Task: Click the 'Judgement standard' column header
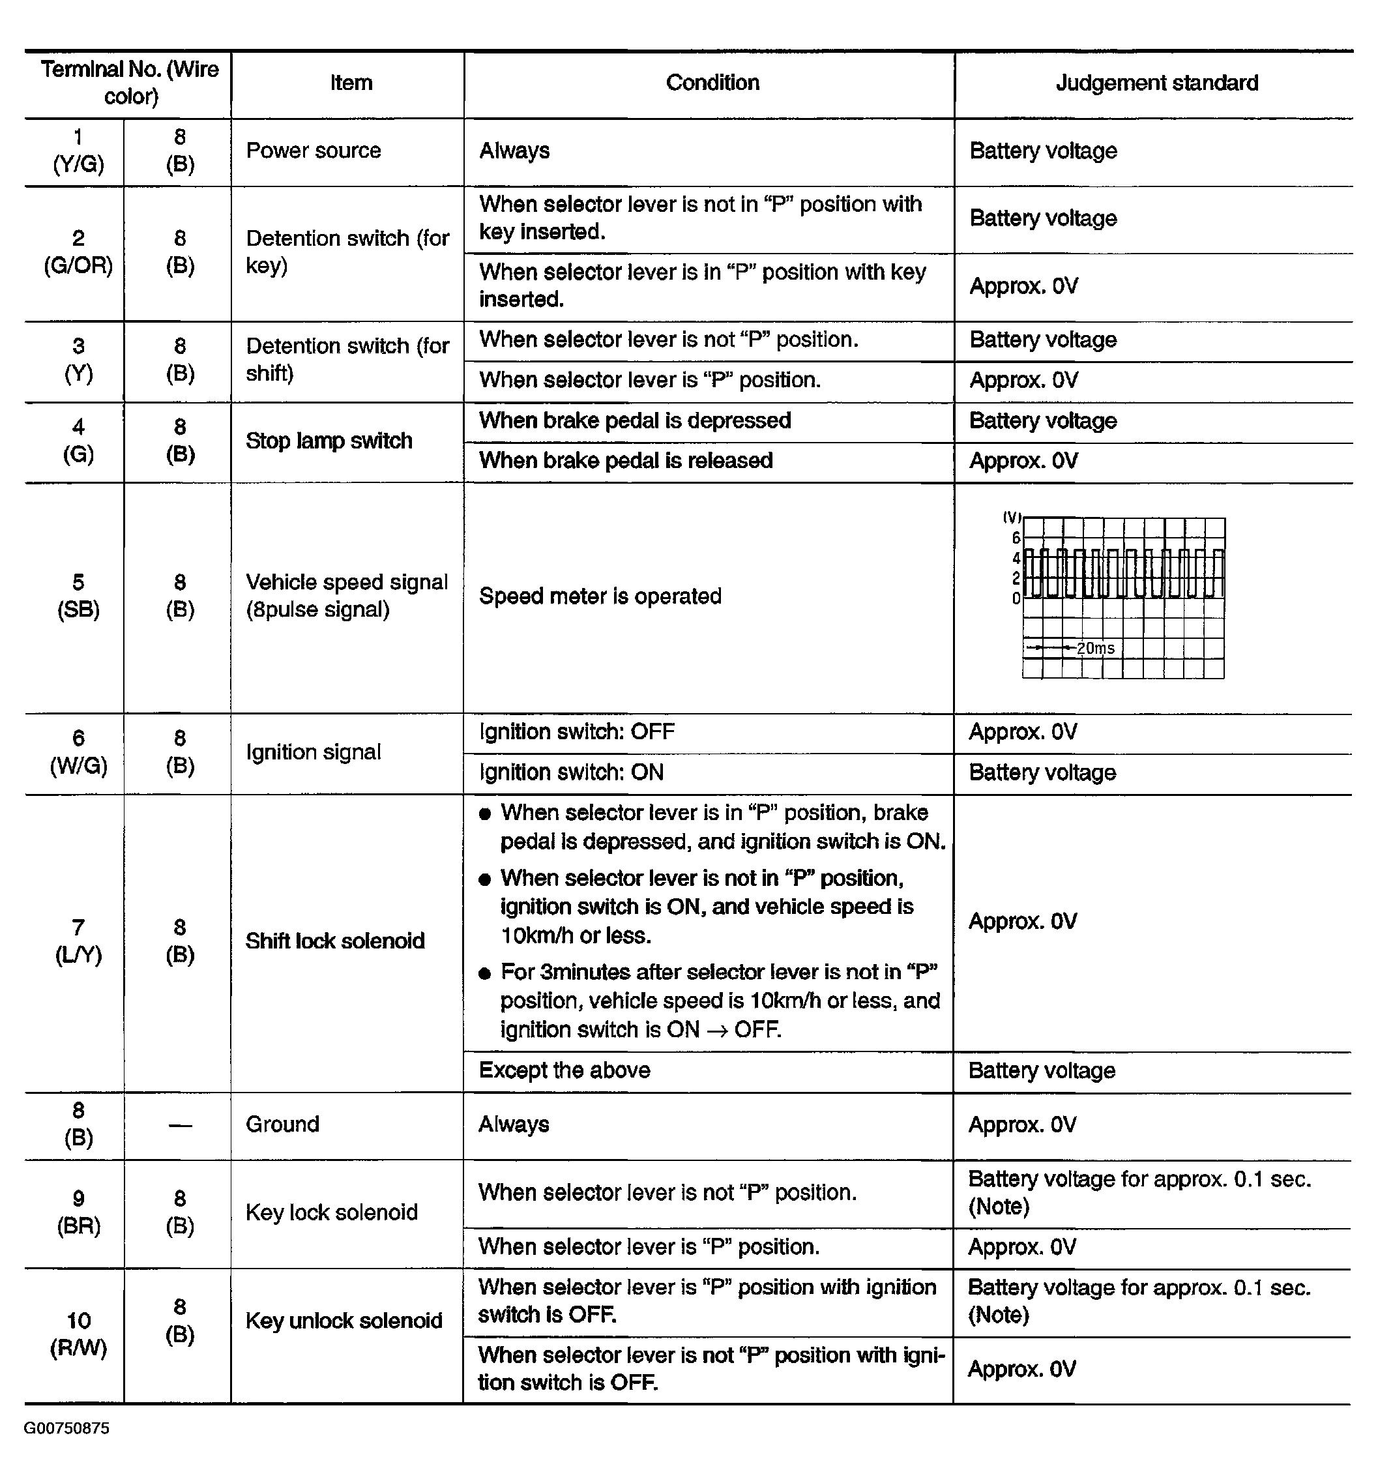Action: coord(1156,83)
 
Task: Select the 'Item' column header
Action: coord(351,83)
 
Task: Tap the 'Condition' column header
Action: coord(712,83)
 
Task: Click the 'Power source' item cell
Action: coord(313,151)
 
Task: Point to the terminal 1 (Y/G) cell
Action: coord(78,151)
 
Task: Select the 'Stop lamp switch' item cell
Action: coord(329,441)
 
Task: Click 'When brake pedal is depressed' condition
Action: coord(634,420)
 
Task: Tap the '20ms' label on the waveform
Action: coord(1095,649)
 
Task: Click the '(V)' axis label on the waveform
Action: coord(1012,517)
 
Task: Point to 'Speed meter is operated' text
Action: coord(600,596)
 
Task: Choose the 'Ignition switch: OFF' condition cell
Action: coord(576,732)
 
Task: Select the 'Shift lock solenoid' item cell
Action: coord(335,941)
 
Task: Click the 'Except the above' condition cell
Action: coord(564,1070)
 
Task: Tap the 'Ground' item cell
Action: coord(283,1124)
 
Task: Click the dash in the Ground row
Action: coord(180,1125)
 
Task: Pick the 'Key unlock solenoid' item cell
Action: coord(344,1321)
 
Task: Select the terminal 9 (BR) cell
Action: coord(78,1212)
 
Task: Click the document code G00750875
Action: coord(66,1428)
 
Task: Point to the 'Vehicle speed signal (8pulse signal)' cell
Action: coord(347,596)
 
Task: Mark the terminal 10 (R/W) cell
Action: coord(78,1334)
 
